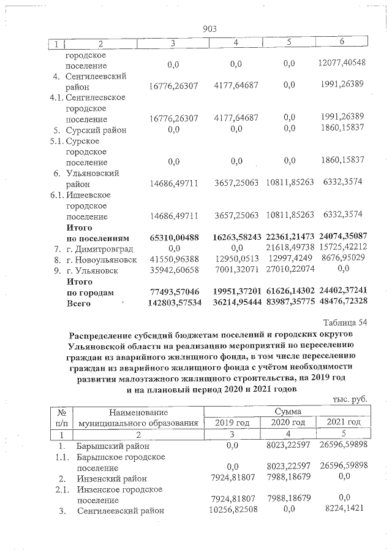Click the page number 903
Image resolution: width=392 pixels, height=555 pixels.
click(x=209, y=29)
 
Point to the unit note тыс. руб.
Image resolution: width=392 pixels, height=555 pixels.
click(x=350, y=399)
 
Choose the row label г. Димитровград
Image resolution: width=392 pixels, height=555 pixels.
click(x=99, y=248)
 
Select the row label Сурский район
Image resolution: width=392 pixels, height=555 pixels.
click(x=96, y=129)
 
